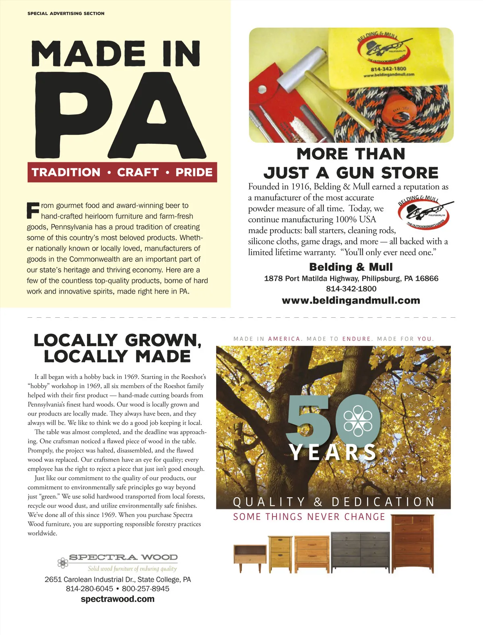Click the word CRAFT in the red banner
pos(138,172)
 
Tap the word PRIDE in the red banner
pos(194,172)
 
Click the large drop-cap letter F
pos(33,210)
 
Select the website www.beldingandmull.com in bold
pos(351,300)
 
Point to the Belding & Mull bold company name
pos(351,267)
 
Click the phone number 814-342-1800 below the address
pos(351,289)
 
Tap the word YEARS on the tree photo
pos(332,452)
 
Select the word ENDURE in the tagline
pos(357,339)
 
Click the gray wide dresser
pos(360,552)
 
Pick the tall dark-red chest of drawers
pos(413,544)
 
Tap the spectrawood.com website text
pos(118,599)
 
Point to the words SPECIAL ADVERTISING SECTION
pos(66,13)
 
